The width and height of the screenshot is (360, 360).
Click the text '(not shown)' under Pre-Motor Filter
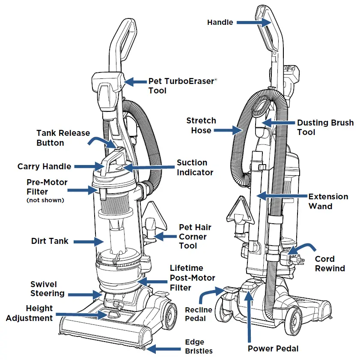pyautogui.click(x=45, y=200)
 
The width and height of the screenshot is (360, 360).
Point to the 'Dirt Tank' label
pyautogui.click(x=50, y=241)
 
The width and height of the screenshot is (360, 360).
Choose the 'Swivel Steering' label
pyautogui.click(x=47, y=289)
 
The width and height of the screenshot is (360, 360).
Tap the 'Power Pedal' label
pyautogui.click(x=273, y=348)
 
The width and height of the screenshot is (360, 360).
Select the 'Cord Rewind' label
pyautogui.click(x=330, y=264)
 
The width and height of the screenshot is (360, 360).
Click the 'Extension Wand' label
pyautogui.click(x=328, y=201)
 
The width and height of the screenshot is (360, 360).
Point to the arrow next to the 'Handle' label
pyautogui.click(x=253, y=22)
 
